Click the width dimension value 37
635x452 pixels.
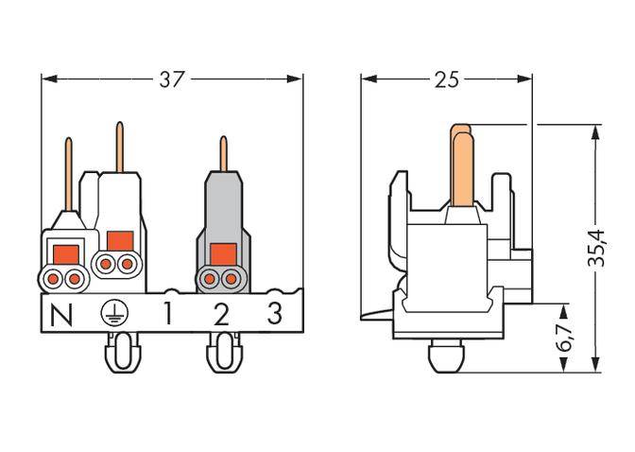pos(171,80)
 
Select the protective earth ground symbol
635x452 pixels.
pos(113,314)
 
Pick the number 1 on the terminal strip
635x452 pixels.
pos(167,314)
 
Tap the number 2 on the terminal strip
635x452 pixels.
pos(221,314)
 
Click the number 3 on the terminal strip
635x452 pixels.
pos(274,314)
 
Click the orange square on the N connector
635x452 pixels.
pos(66,253)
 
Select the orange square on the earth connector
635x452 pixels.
pos(119,240)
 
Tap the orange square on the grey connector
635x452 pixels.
pos(223,253)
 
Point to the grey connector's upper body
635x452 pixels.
pos(223,203)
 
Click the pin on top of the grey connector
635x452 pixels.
pos(223,153)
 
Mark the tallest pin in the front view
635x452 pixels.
pos(119,147)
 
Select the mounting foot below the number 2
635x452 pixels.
pos(222,356)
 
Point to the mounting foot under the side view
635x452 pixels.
pos(444,357)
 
